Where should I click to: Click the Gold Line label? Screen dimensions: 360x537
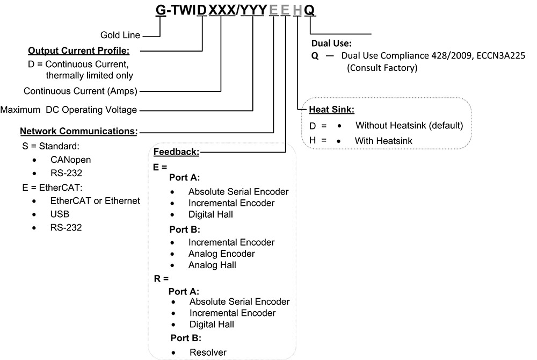pyautogui.click(x=120, y=35)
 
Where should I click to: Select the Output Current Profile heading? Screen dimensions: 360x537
pyautogui.click(x=78, y=51)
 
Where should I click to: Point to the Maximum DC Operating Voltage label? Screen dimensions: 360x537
pyautogui.click(x=69, y=110)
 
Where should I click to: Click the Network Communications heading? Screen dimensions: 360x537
pyautogui.click(x=78, y=131)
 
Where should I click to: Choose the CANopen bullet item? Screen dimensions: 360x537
pyautogui.click(x=72, y=160)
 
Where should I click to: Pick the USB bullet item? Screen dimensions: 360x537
pyautogui.click(x=61, y=214)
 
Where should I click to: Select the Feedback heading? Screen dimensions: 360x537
pyautogui.click(x=177, y=152)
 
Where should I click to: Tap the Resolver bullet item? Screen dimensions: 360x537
pyautogui.click(x=208, y=352)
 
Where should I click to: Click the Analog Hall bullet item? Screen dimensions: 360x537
pyautogui.click(x=212, y=265)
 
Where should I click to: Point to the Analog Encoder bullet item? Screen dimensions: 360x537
pyautogui.click(x=221, y=254)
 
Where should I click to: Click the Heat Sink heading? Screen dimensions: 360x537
pyautogui.click(x=332, y=110)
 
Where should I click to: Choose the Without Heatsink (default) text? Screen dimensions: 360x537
pyautogui.click(x=409, y=126)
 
